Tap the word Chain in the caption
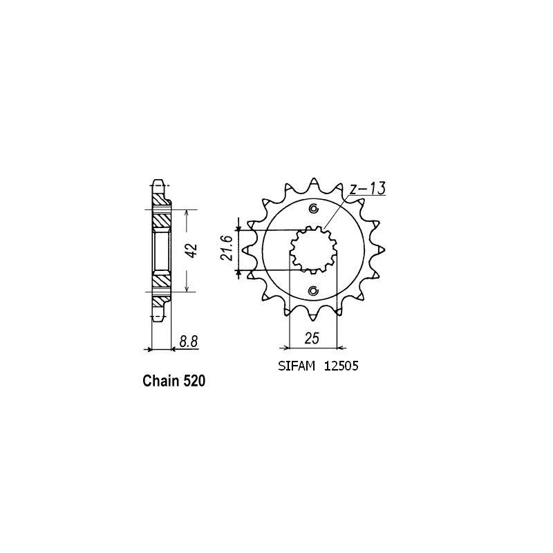tap(160, 381)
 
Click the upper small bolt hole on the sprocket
tap(313, 209)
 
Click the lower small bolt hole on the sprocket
tap(313, 290)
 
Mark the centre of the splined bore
tap(313, 250)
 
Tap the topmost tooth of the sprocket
tap(313, 179)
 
